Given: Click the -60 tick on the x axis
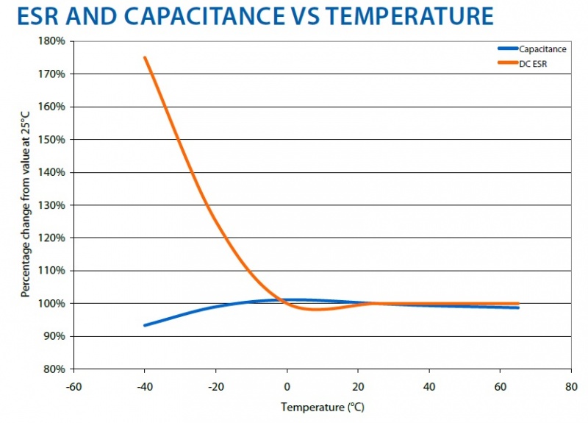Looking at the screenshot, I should pos(73,384).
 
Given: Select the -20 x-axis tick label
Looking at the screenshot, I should pos(216,384).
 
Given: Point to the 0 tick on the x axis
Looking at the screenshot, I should pos(287,384).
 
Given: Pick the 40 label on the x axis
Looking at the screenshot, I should pos(429,384).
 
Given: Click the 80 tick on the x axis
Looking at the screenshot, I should pos(571,384).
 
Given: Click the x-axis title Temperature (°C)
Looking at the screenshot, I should pos(323,407).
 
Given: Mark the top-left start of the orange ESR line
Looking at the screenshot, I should pos(146,57).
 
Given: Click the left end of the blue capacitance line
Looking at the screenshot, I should pos(145,324).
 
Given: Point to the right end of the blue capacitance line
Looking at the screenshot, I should pos(517,308).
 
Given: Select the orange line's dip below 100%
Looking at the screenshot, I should pos(315,310).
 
